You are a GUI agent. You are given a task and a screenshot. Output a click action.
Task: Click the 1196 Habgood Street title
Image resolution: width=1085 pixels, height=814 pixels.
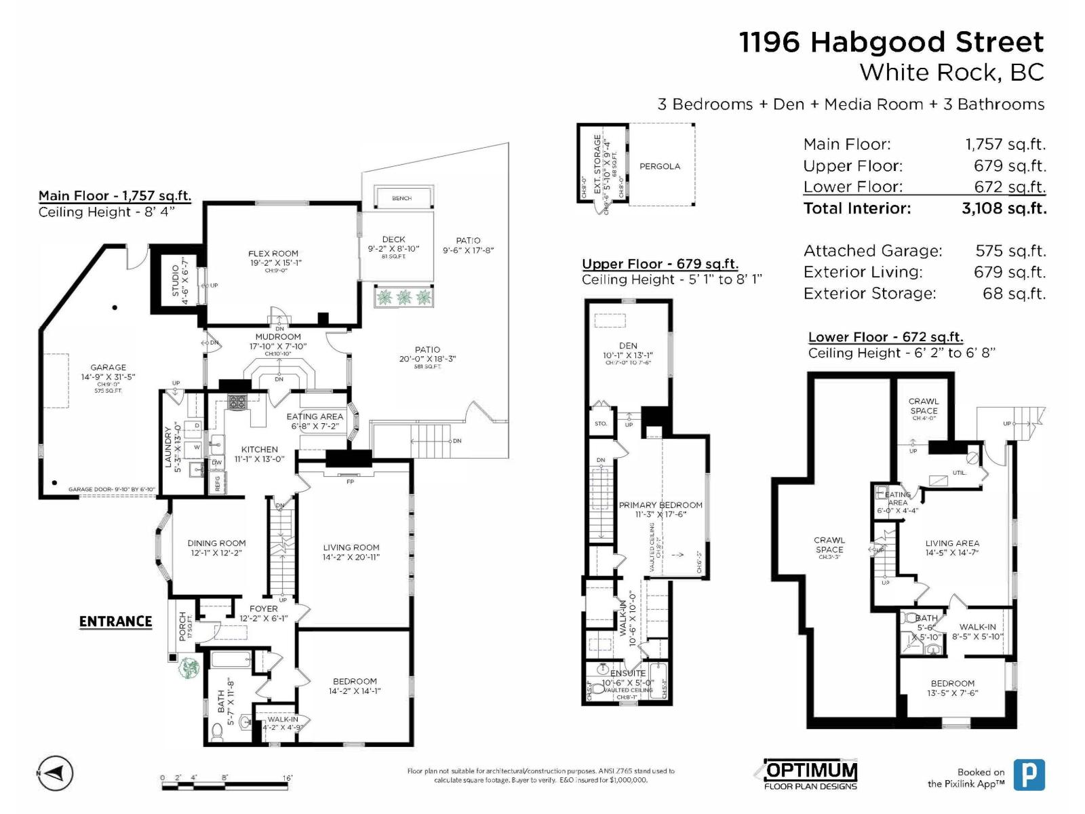click(891, 42)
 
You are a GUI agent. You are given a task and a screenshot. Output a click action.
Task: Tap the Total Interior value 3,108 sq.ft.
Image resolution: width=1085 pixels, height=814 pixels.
click(1004, 208)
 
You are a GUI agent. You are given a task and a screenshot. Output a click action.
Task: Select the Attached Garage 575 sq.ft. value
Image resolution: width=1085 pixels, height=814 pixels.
click(1010, 251)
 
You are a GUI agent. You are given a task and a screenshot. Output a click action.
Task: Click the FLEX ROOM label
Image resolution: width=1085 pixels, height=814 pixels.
click(273, 254)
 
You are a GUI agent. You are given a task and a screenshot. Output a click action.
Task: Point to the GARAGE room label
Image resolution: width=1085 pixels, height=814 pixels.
click(108, 368)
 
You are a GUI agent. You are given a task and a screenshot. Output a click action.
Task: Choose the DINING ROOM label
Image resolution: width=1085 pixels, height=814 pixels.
click(216, 543)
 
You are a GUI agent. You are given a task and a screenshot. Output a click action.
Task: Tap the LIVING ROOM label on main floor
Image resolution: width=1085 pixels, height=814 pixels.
click(351, 547)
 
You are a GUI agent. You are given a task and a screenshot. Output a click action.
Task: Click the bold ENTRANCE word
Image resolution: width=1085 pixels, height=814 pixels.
click(115, 621)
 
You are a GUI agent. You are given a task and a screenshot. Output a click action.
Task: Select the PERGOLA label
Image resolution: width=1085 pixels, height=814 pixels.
click(659, 166)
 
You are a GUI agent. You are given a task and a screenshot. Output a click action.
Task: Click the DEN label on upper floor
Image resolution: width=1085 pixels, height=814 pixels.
click(628, 346)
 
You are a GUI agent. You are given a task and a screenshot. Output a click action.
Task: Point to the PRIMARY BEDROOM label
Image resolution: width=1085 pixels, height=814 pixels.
click(660, 505)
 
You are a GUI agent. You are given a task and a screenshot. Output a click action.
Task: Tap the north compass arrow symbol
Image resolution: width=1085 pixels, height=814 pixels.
click(55, 773)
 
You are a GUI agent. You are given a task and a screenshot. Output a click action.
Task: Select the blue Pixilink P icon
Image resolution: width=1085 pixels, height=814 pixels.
click(1029, 774)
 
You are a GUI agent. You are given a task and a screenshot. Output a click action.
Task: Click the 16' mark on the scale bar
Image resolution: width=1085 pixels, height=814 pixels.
click(288, 778)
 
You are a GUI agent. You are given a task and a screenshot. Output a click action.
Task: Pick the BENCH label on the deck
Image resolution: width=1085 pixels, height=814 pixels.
click(401, 198)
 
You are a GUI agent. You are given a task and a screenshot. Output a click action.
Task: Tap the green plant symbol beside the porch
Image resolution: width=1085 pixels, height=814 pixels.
click(189, 667)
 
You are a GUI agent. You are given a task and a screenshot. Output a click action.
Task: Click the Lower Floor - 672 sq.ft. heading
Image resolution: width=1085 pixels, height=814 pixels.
click(885, 337)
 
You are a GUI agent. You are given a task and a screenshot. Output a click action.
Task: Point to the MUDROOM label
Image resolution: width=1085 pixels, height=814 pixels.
click(278, 337)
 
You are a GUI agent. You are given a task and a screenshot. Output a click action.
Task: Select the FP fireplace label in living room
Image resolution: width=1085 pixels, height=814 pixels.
click(350, 482)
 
